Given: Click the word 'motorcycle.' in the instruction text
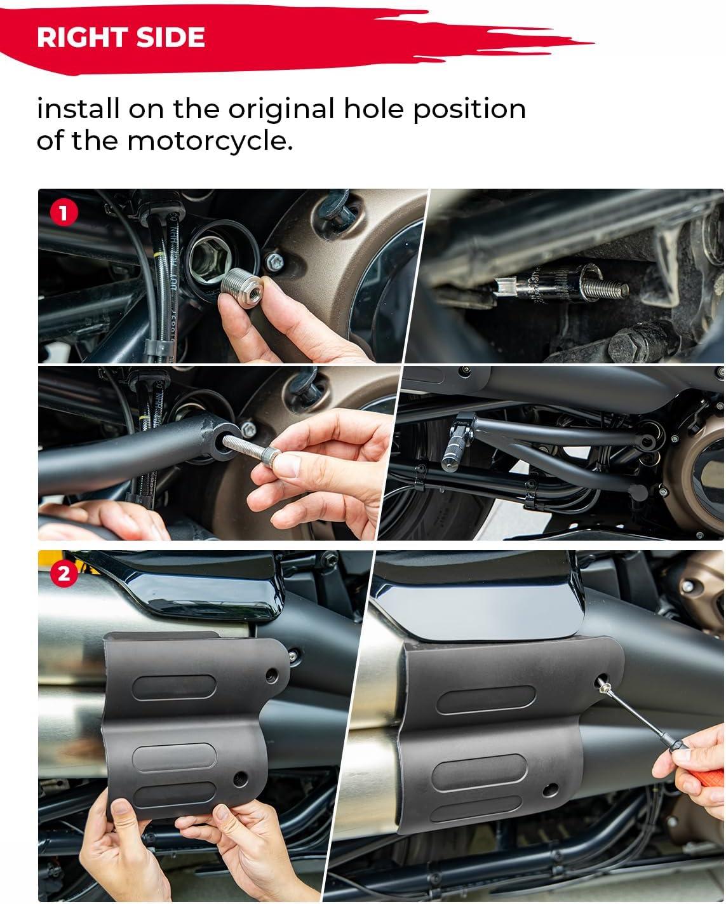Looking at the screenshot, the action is point(210,141).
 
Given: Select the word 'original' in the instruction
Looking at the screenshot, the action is point(281,109).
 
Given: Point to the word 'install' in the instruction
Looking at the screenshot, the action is point(78,109).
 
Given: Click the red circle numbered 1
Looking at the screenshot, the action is point(64,213).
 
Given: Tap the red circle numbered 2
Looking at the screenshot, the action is point(64,574).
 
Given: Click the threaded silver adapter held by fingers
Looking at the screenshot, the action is point(242,287).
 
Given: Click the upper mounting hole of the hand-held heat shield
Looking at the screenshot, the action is point(272,675).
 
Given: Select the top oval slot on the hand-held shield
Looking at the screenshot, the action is point(174,687).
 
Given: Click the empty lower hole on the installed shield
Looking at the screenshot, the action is point(551,790).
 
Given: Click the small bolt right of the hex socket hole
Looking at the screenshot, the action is point(274,262).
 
